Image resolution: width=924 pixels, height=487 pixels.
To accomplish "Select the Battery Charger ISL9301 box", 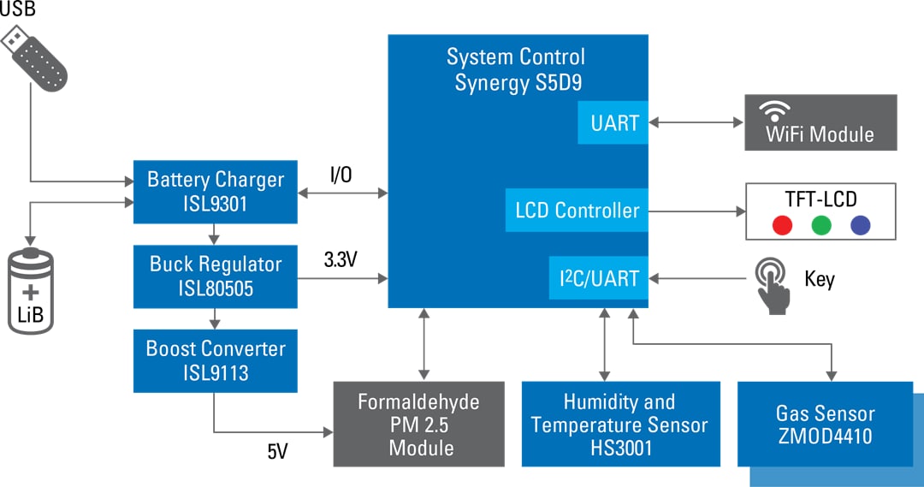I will point(215,192).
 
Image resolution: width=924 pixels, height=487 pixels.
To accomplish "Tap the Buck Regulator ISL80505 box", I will point(215,276).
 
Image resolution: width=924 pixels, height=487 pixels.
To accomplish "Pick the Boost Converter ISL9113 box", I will point(215,360).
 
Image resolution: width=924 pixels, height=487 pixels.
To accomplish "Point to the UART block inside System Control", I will point(614,122).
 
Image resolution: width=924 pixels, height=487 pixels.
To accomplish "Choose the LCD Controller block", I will point(577,210).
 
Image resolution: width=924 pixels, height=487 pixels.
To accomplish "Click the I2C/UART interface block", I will point(599,278).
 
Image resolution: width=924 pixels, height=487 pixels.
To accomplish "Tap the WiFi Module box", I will point(820,123).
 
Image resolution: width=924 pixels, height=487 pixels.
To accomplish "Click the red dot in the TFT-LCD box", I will point(781,225).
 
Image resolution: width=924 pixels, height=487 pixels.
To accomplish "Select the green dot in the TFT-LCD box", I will point(821,225).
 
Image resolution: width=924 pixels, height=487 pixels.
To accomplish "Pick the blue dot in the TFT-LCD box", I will point(861,225).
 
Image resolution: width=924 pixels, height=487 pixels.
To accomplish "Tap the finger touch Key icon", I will point(773,283).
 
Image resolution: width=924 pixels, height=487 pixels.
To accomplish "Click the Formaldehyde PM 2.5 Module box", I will point(418,424).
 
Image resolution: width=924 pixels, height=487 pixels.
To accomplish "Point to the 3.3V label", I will point(341,258).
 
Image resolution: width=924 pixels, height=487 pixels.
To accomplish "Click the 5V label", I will point(277,451).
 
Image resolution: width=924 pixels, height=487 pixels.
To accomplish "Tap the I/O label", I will point(341,175).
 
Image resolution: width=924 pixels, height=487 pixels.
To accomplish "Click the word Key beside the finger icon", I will point(819,279).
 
